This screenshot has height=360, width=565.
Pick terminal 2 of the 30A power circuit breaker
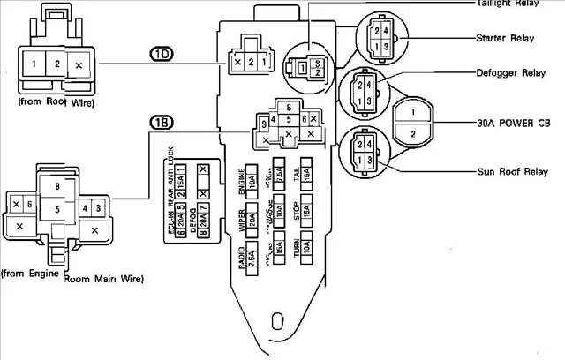[x=410, y=134]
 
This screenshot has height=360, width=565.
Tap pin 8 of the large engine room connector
[x=58, y=186]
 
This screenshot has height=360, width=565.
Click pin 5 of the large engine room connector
[x=58, y=210]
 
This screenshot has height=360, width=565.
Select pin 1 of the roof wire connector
[x=33, y=64]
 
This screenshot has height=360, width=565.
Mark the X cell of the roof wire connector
[x=79, y=65]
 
